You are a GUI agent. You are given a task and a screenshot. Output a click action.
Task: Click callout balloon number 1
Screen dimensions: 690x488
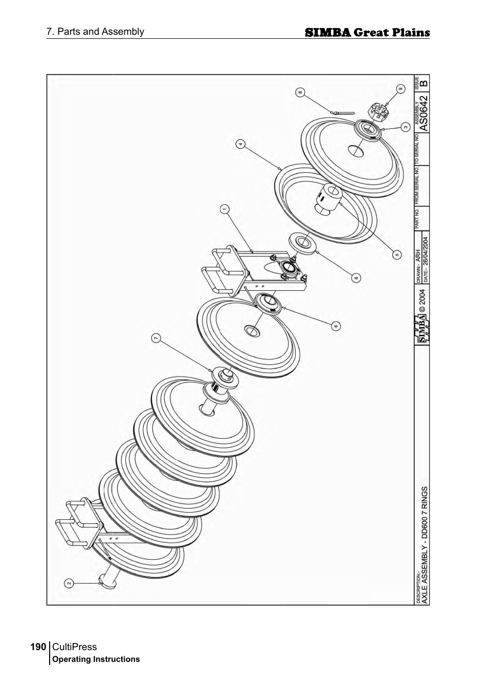(224, 209)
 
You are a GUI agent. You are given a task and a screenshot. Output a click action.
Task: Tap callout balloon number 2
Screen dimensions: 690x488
(68, 582)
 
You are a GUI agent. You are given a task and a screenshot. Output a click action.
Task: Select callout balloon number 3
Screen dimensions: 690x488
(405, 126)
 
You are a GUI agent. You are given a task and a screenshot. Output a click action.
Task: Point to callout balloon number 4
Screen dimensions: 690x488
(240, 144)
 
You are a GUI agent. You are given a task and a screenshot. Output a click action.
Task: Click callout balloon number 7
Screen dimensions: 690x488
(157, 338)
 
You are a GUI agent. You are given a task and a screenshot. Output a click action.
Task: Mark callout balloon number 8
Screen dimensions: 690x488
(300, 93)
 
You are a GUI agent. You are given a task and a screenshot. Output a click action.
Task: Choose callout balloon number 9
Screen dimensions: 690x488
(401, 88)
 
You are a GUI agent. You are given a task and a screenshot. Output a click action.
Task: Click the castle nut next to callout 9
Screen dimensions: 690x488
(379, 111)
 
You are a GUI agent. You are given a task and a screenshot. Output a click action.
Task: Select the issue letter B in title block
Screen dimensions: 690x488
(424, 82)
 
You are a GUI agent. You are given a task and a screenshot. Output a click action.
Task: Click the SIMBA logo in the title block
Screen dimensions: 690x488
(422, 328)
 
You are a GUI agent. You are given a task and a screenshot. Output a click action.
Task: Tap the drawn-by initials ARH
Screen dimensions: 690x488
(418, 256)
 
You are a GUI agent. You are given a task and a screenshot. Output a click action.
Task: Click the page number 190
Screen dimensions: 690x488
(38, 647)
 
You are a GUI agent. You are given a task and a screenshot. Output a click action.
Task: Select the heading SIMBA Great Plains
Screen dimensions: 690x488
(367, 33)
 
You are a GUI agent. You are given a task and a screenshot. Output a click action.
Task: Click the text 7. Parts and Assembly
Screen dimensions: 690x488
(95, 32)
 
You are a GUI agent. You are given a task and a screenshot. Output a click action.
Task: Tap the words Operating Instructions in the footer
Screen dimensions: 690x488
(96, 659)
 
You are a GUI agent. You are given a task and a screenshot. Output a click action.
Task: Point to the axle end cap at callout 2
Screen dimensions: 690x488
(108, 581)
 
